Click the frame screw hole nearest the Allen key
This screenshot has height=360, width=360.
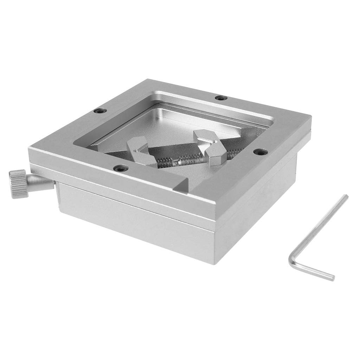click(x=260, y=152)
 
